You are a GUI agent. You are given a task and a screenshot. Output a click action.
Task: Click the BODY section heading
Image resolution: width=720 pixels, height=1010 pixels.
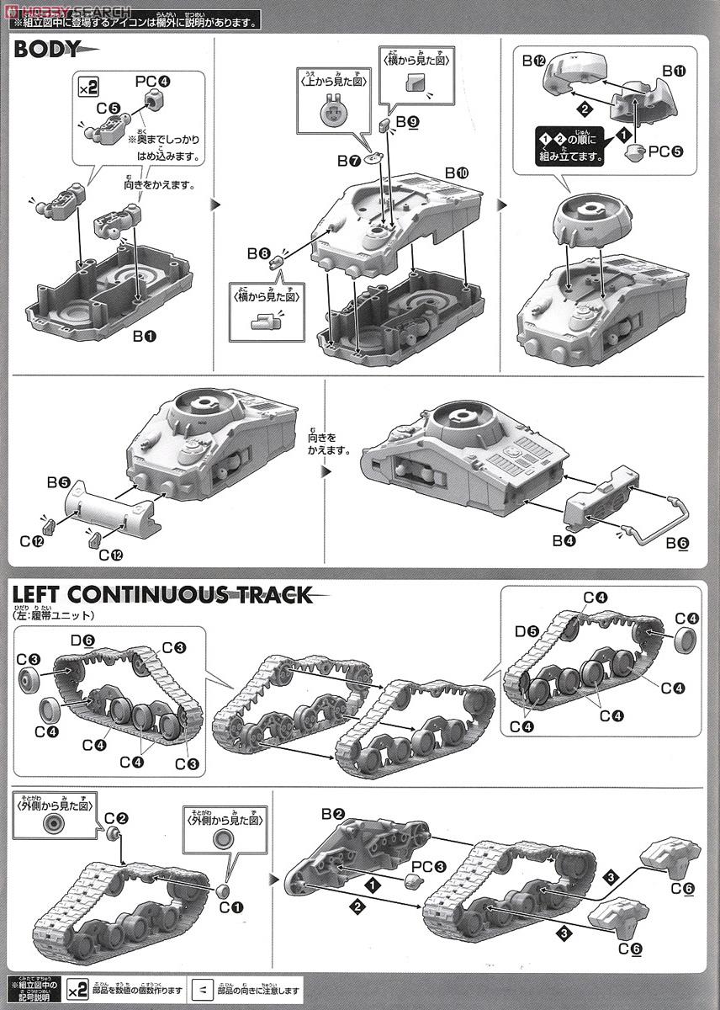tap(48, 49)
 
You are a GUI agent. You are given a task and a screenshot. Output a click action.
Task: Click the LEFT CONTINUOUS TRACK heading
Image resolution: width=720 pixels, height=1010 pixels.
tap(161, 595)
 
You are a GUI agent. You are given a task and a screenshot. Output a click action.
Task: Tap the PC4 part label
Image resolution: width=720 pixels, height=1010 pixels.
tap(153, 82)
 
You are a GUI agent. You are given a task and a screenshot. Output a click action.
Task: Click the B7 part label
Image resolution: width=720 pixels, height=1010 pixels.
tap(349, 160)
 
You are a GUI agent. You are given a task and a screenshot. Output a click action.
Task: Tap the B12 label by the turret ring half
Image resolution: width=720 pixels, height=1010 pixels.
tap(534, 61)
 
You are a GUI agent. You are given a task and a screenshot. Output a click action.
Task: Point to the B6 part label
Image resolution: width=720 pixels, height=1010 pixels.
tap(676, 543)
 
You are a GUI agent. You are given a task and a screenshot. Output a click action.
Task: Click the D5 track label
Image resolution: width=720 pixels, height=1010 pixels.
tap(527, 630)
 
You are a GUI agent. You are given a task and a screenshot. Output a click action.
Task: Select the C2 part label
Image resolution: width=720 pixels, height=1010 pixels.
tap(117, 817)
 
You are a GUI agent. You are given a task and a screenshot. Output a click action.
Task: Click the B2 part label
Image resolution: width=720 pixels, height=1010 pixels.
tap(333, 814)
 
